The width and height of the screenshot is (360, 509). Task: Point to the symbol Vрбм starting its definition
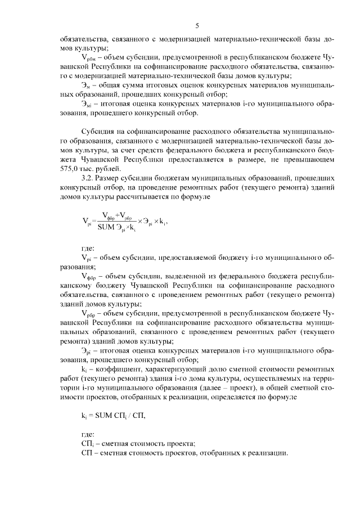coord(89,58)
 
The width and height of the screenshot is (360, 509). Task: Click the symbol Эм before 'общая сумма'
coord(86,84)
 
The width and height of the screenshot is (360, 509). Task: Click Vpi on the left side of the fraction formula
coord(87,222)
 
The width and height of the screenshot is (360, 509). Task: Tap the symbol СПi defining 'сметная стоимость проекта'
coord(87,443)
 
